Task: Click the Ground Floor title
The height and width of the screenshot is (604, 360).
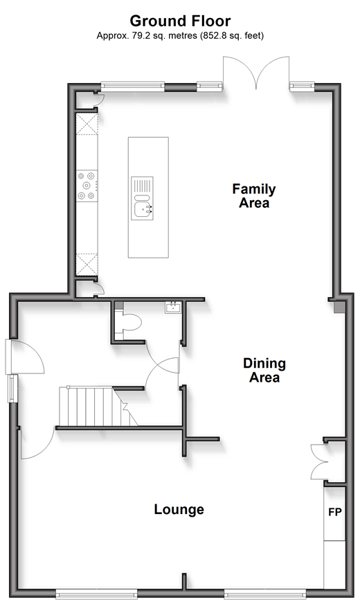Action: [x=180, y=20]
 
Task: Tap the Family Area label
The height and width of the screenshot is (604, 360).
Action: [x=254, y=196]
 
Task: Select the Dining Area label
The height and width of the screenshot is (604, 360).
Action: [x=264, y=370]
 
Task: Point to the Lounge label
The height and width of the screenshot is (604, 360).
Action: [x=179, y=509]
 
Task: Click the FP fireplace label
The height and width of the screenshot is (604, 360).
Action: [x=335, y=512]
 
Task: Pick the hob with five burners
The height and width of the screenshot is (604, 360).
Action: [x=87, y=186]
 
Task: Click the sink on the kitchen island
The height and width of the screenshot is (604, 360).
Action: [x=142, y=198]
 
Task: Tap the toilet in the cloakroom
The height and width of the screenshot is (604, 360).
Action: [x=129, y=322]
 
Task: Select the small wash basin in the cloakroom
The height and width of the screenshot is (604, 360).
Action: [x=173, y=308]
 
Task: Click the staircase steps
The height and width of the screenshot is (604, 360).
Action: [x=98, y=407]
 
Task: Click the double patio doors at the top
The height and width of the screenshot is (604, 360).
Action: [x=256, y=73]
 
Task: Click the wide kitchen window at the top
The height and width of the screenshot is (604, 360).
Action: [x=133, y=87]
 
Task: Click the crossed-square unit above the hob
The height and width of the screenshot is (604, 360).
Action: [x=87, y=124]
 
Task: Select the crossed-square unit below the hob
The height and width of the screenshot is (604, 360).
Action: [x=87, y=265]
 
